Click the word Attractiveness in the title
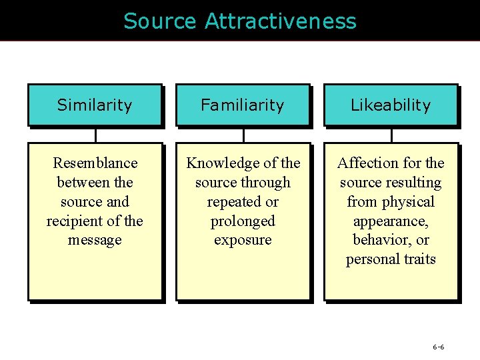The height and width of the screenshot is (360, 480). click(x=281, y=21)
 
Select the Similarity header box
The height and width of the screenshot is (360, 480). click(x=95, y=105)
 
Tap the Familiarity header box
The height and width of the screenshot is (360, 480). click(x=243, y=105)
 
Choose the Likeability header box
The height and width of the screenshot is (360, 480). click(x=391, y=105)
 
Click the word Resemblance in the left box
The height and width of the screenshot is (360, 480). click(x=95, y=163)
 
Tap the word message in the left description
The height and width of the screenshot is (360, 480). click(x=95, y=240)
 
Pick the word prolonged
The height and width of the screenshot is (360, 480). click(x=243, y=221)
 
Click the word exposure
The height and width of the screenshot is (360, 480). click(x=243, y=240)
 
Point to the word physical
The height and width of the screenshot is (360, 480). click(x=407, y=201)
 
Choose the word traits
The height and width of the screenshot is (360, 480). click(x=418, y=259)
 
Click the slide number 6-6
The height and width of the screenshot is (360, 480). click(x=438, y=347)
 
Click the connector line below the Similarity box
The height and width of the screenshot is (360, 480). click(x=95, y=135)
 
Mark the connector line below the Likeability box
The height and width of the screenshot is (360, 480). click(x=391, y=135)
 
